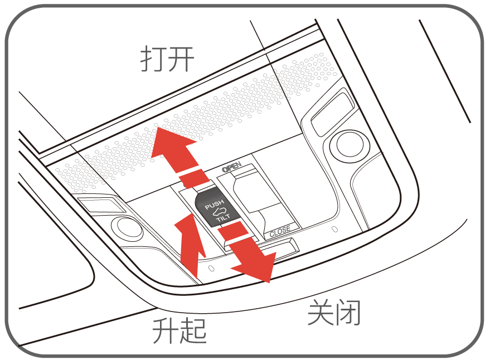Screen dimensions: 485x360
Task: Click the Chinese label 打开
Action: pos(167,59)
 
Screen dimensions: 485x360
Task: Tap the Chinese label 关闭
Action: pos(334,312)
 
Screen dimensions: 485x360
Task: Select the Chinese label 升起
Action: pos(180,330)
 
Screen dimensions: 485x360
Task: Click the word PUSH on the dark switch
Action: pos(215,204)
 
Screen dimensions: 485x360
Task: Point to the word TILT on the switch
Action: pos(224,217)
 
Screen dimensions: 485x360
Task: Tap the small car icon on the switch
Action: pos(220,212)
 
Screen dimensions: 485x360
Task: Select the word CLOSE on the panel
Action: pos(280,231)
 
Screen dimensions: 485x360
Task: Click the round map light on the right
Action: pos(350,145)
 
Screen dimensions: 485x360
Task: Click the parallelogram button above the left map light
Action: pos(101,205)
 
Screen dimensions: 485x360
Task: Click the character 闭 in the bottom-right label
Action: pos(348,312)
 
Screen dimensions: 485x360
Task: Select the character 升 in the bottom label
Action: pos(166,330)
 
